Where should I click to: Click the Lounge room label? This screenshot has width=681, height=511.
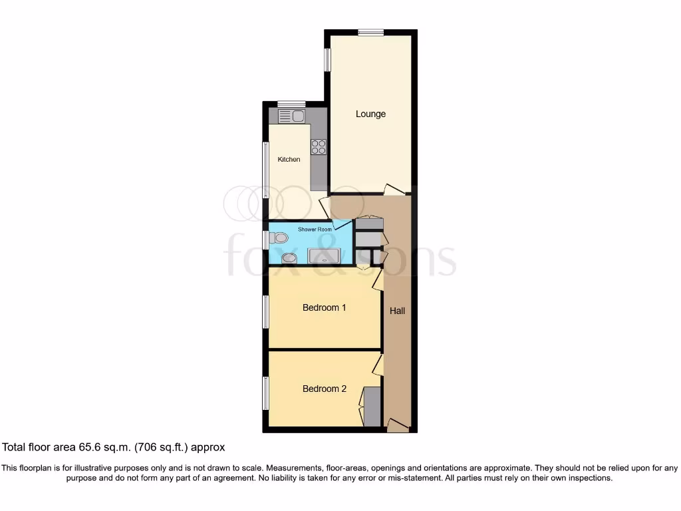coord(370,114)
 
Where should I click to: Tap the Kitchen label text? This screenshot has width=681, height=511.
coord(289,160)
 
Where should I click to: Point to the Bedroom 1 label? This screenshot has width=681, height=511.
coord(324,307)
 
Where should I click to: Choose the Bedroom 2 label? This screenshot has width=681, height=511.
coord(324,389)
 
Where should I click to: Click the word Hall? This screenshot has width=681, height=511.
coord(397,311)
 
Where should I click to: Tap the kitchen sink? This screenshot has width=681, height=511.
coord(291,116)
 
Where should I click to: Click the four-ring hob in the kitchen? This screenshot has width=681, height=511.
coord(318,146)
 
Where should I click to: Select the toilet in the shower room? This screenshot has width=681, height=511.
coord(280,238)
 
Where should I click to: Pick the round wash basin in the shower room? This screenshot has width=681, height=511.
coord(289,258)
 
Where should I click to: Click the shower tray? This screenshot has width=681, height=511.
coord(324,256)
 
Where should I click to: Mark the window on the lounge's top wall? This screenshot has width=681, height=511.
coord(370,32)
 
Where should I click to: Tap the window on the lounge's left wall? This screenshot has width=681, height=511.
coord(327,59)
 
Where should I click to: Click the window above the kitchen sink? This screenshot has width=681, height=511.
coord(291,104)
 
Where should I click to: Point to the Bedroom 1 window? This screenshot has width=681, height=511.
coord(265,311)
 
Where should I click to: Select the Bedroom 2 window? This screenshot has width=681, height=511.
coord(265,393)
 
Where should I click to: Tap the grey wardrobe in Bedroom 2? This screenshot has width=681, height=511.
coord(373,407)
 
